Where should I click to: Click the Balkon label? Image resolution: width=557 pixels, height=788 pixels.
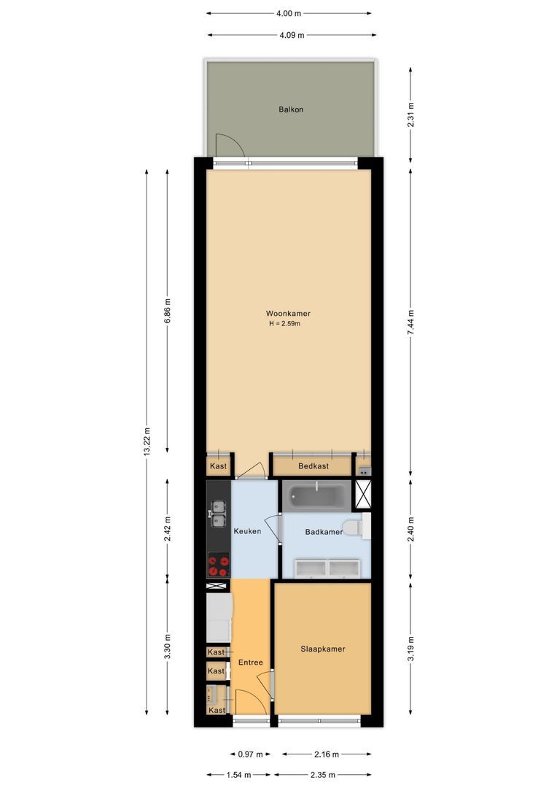click(x=291, y=109)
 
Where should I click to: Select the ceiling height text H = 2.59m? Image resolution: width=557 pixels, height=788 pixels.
click(x=284, y=323)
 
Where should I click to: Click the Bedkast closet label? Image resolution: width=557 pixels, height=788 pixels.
click(x=313, y=466)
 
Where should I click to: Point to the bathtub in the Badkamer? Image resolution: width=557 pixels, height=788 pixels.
click(x=318, y=497)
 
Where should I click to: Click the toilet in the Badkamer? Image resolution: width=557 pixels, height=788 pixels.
click(x=353, y=528)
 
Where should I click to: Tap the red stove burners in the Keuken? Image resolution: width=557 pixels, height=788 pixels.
click(x=219, y=561)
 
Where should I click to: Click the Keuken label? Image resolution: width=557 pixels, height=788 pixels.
click(x=247, y=531)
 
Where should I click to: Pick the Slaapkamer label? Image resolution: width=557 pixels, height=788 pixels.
click(x=323, y=649)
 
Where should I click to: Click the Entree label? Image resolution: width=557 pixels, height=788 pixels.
click(x=250, y=663)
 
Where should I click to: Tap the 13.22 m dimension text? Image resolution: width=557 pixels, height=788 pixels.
click(x=147, y=441)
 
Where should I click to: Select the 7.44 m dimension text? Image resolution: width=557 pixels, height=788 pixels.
click(x=411, y=322)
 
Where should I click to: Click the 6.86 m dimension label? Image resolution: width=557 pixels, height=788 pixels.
click(x=168, y=311)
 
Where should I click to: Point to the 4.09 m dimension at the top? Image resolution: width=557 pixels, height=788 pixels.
click(x=292, y=34)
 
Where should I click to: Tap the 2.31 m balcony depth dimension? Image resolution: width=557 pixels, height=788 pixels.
click(x=411, y=115)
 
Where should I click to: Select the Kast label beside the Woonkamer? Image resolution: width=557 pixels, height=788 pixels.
click(x=218, y=466)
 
